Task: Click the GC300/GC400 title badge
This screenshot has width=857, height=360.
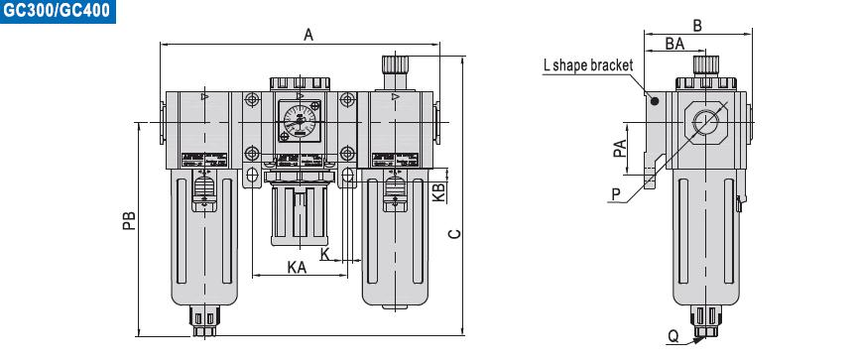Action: coord(57,12)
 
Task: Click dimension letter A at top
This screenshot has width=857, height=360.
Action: coord(308,35)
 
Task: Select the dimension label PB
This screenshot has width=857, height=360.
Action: coord(127,224)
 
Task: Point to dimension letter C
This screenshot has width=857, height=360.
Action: coord(452,234)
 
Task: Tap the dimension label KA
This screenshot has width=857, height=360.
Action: coord(296,266)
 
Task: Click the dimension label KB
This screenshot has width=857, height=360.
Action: coord(436,190)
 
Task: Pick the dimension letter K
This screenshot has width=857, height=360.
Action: coord(324,254)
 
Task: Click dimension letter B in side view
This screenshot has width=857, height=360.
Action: coord(696,26)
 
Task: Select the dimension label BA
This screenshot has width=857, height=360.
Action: coord(674,43)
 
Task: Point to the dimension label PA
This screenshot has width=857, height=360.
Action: coord(620,149)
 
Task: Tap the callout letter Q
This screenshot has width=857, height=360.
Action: coord(673,336)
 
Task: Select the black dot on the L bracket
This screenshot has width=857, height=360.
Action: coord(654,100)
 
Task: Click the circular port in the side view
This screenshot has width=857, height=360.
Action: coord(705,123)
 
